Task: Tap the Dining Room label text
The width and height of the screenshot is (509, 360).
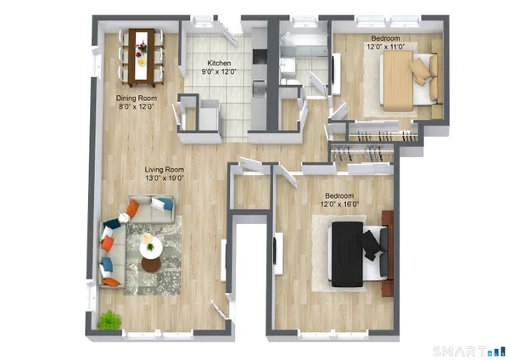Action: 137,98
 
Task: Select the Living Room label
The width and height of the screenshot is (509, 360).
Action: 165,170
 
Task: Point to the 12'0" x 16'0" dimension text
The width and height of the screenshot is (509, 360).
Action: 339,204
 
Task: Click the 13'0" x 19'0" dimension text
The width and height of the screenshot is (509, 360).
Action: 165,178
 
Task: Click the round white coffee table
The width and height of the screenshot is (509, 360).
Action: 151,247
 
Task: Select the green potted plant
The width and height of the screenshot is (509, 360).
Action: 109,320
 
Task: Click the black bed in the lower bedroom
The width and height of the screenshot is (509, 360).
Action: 349,252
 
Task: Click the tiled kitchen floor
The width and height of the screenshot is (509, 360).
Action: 216,93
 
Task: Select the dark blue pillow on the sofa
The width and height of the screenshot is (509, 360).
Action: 111,224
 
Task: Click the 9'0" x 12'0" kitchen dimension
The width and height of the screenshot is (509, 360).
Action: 220,72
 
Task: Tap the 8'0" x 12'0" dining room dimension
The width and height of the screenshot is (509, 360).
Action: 137,106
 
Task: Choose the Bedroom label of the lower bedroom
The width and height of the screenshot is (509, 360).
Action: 339,195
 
